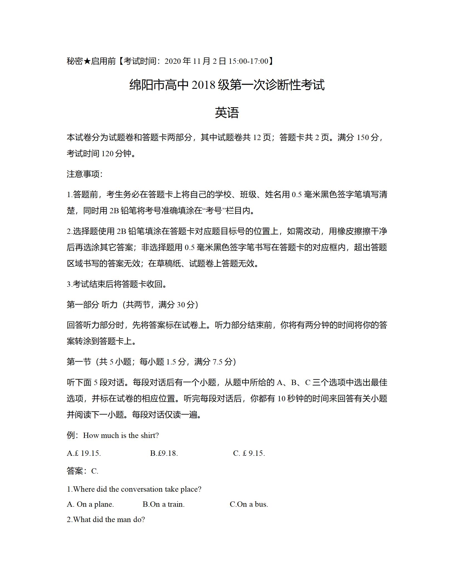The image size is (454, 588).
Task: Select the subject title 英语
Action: tap(227, 113)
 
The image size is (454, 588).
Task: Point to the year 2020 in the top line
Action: tap(173, 61)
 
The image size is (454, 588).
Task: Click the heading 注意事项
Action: tap(85, 174)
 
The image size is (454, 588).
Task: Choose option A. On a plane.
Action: tap(90, 504)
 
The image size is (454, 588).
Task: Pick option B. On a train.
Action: tap(164, 504)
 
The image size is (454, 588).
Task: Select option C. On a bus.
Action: tap(249, 504)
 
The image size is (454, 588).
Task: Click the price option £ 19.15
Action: tap(84, 453)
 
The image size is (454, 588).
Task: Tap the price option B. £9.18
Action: tap(164, 453)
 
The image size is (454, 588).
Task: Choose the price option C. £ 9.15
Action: tap(249, 453)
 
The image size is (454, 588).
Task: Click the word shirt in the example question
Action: tap(149, 435)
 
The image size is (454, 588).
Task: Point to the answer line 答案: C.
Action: tap(82, 471)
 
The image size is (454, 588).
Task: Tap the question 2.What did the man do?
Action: tap(106, 520)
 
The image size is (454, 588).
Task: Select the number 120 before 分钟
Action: tap(107, 153)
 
